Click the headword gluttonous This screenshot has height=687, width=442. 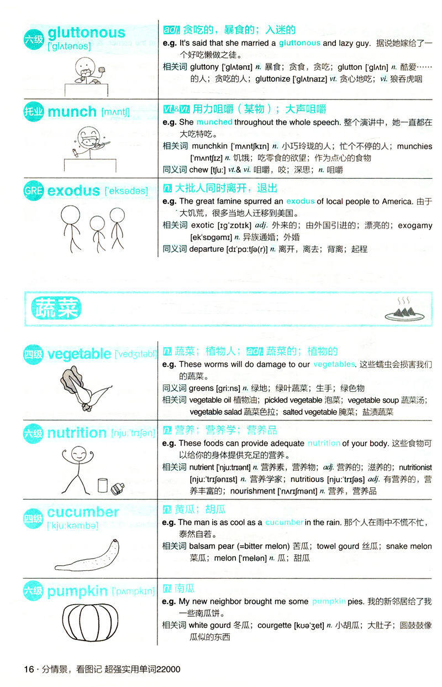(86, 33)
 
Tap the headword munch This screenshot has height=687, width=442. (72, 112)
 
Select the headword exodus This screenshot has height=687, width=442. (73, 191)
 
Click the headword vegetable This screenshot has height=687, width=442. (79, 353)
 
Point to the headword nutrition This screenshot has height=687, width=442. (77, 433)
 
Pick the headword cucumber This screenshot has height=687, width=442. (83, 512)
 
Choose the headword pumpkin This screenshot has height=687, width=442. (78, 591)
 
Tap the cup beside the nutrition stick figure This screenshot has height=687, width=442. (102, 485)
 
